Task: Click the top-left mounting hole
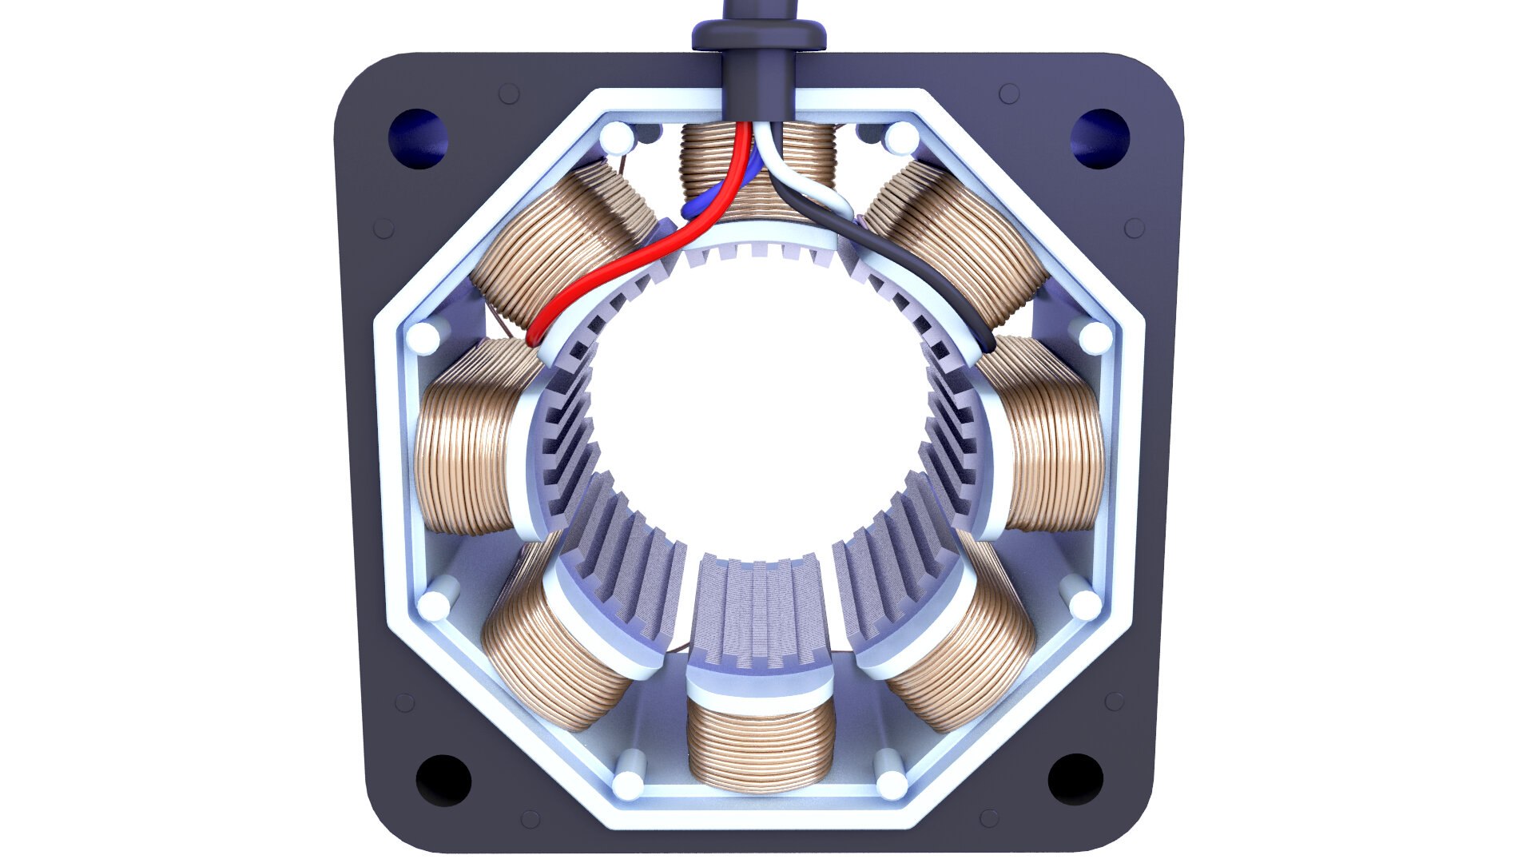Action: point(417,138)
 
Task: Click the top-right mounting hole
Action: point(1099,138)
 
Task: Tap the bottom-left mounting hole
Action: point(443,779)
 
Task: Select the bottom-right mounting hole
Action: point(1075,779)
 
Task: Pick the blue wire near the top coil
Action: point(703,205)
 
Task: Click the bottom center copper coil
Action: point(760,747)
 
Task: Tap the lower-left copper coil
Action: point(551,655)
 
